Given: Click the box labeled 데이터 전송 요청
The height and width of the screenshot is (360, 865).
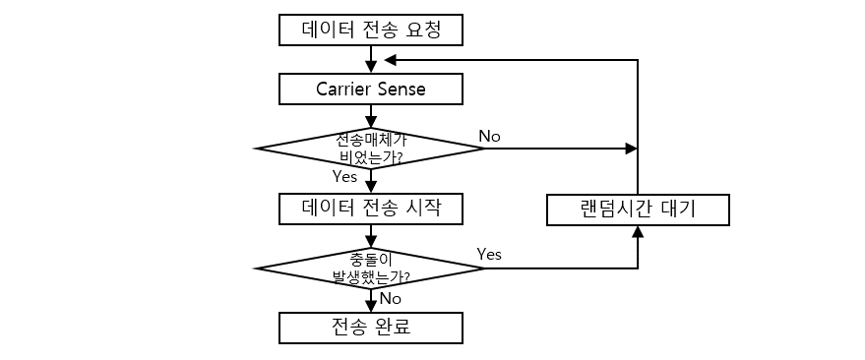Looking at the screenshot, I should pyautogui.click(x=370, y=30).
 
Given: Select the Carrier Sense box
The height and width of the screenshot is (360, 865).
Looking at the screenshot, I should pyautogui.click(x=370, y=90).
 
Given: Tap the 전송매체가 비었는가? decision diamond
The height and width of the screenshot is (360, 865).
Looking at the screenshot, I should pyautogui.click(x=370, y=149).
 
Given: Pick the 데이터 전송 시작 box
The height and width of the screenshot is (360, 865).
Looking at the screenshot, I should pyautogui.click(x=370, y=209).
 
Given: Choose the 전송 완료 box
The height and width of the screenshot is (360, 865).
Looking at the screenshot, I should pyautogui.click(x=370, y=327).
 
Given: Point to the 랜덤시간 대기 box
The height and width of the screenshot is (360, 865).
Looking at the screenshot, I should pyautogui.click(x=638, y=210).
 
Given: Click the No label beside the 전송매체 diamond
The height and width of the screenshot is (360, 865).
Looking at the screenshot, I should pyautogui.click(x=489, y=135).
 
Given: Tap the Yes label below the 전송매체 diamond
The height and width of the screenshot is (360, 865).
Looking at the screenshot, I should pyautogui.click(x=344, y=177).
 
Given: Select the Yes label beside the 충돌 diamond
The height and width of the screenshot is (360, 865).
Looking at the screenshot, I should pyautogui.click(x=489, y=254).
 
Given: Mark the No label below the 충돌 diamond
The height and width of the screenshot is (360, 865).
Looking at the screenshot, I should pyautogui.click(x=391, y=297).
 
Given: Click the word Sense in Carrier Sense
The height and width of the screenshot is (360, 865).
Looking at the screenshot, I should pyautogui.click(x=402, y=90).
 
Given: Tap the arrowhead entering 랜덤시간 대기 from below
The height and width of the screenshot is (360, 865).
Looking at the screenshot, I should pyautogui.click(x=638, y=232).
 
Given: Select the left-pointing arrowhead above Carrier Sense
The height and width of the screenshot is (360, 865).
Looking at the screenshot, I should pyautogui.click(x=391, y=60).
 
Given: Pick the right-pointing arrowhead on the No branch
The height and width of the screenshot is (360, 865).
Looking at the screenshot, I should pyautogui.click(x=631, y=149).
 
